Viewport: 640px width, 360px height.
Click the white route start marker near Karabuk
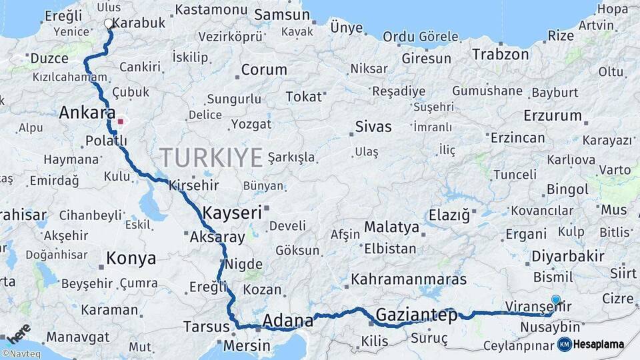tap(109, 23)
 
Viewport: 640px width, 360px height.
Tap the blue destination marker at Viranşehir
tap(556, 301)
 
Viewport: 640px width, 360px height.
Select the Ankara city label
tap(87, 113)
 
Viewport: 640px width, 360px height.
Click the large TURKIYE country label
tap(211, 157)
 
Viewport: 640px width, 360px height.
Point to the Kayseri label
tap(231, 213)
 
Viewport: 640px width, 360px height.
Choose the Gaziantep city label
tap(417, 315)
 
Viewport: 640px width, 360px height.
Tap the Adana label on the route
tap(288, 321)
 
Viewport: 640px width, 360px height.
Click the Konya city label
tap(131, 258)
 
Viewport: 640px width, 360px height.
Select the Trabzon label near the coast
tap(501, 55)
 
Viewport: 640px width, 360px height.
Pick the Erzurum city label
tap(553, 115)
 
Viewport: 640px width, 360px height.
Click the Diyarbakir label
tap(569, 256)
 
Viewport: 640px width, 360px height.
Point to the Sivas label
tap(373, 127)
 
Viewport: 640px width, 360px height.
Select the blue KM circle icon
tap(565, 344)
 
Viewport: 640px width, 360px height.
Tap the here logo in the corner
tap(18, 332)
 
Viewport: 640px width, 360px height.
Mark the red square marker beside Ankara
tap(121, 121)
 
